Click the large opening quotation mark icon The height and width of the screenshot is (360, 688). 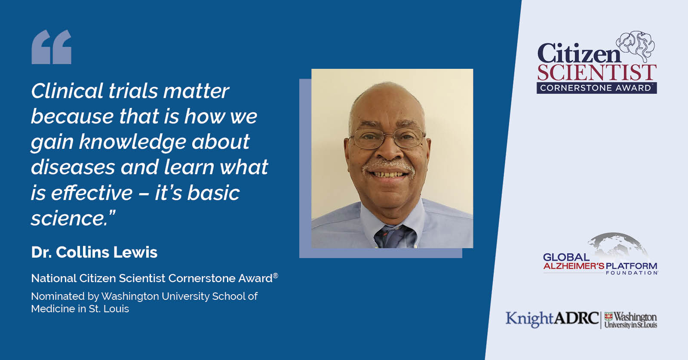pos(52,47)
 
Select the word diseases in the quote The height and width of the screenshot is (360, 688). pos(73,167)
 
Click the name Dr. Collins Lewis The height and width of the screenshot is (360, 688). pos(94,252)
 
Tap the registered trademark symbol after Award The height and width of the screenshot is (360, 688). pos(276,276)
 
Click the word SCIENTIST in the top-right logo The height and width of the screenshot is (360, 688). pos(597,73)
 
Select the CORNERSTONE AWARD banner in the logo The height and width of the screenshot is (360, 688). pos(596,88)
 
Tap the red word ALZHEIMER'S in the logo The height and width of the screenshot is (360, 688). pos(574,266)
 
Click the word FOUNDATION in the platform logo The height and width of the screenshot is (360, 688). pos(631,273)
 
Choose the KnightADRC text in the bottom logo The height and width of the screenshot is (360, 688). pos(552,319)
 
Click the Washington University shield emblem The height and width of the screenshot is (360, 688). pos(608,317)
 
